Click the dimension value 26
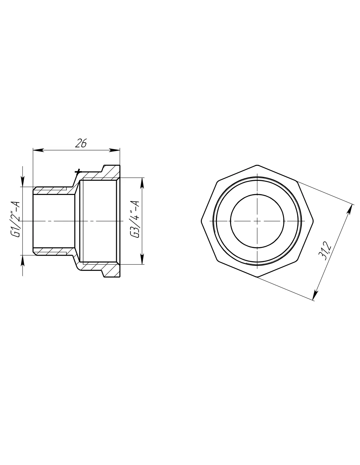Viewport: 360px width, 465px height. pos(81,143)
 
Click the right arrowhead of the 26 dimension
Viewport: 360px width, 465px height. pos(115,150)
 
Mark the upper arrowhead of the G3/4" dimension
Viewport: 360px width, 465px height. pos(142,183)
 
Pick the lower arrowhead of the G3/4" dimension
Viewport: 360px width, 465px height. pos(142,259)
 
